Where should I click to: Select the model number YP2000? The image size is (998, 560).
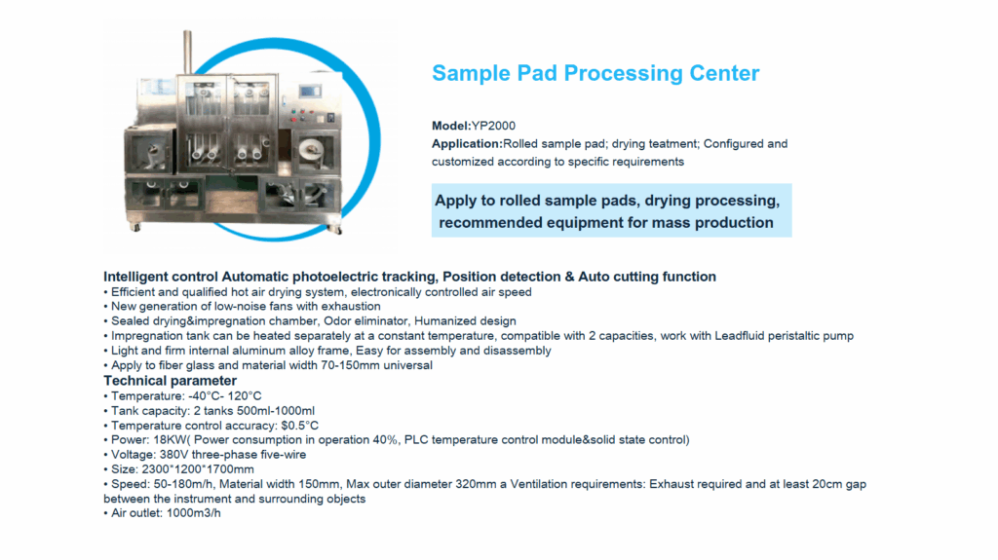tap(493, 126)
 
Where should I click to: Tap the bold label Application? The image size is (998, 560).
tap(467, 144)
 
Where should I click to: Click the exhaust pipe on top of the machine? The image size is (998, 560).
tap(188, 53)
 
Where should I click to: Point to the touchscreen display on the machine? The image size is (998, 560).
tap(310, 93)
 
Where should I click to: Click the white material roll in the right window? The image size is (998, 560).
tap(312, 152)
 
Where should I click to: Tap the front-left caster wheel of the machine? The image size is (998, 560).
tap(135, 227)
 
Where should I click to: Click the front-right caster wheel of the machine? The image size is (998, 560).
tap(338, 230)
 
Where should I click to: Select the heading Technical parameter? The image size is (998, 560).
tap(170, 381)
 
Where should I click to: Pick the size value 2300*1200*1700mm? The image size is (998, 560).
tap(197, 469)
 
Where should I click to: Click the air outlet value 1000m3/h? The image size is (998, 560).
tap(194, 513)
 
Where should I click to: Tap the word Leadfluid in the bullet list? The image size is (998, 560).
tap(740, 335)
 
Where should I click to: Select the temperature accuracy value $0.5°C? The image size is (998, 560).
tap(300, 425)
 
